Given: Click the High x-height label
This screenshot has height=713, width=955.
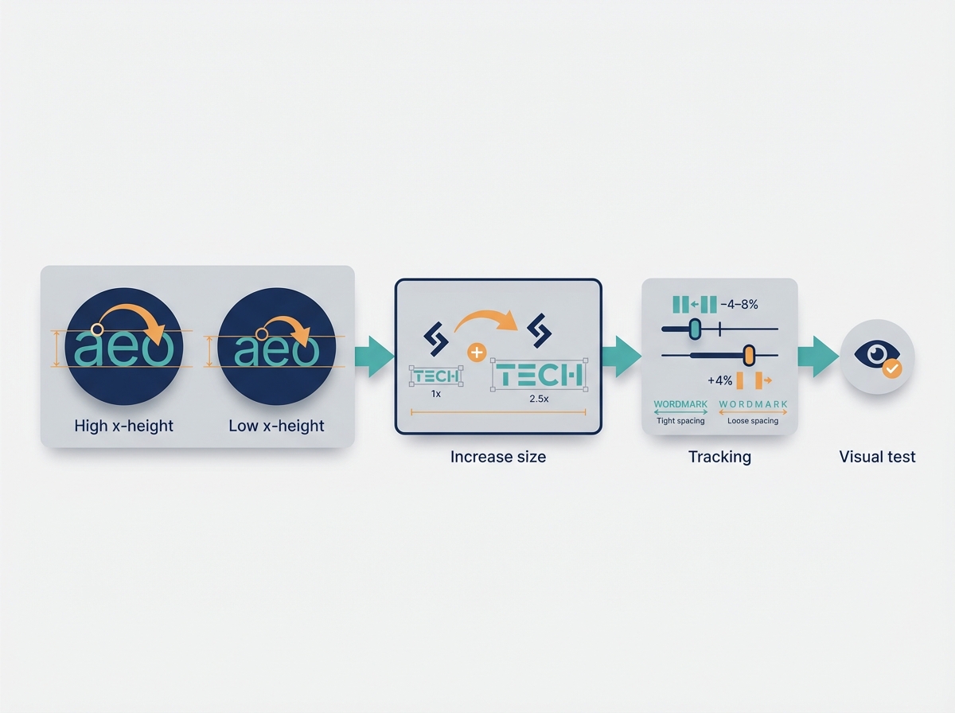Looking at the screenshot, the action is (123, 426).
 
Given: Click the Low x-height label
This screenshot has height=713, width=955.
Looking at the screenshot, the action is (276, 426).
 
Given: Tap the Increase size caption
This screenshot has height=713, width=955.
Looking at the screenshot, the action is (498, 457).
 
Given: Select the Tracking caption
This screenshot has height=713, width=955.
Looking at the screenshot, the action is (719, 457).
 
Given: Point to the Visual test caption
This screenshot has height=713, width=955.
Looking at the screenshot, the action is (877, 457).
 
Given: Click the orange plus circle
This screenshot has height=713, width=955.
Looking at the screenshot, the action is (477, 353).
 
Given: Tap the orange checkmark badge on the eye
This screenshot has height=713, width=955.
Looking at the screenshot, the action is (892, 369).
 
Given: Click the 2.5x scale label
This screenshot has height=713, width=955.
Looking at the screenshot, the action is (539, 399).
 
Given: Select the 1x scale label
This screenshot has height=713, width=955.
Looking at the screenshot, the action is (435, 394).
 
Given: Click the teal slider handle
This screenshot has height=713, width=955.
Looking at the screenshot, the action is (696, 329).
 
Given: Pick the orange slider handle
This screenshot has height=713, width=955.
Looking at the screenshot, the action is (749, 355).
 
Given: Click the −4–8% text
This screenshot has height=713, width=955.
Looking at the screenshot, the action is (739, 305).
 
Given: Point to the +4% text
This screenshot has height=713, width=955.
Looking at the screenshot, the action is (719, 380).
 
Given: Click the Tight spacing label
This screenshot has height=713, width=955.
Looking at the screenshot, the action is (680, 421).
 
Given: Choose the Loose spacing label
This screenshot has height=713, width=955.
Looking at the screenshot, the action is (753, 421).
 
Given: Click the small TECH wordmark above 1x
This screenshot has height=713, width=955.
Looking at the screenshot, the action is (436, 376).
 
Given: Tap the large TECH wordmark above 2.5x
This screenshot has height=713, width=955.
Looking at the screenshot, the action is (539, 375).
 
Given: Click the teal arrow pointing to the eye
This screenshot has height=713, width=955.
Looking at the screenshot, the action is (818, 356).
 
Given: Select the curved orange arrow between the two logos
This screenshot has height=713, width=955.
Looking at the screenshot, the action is (486, 321).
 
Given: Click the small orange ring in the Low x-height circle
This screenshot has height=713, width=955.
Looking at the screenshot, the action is (262, 334).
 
